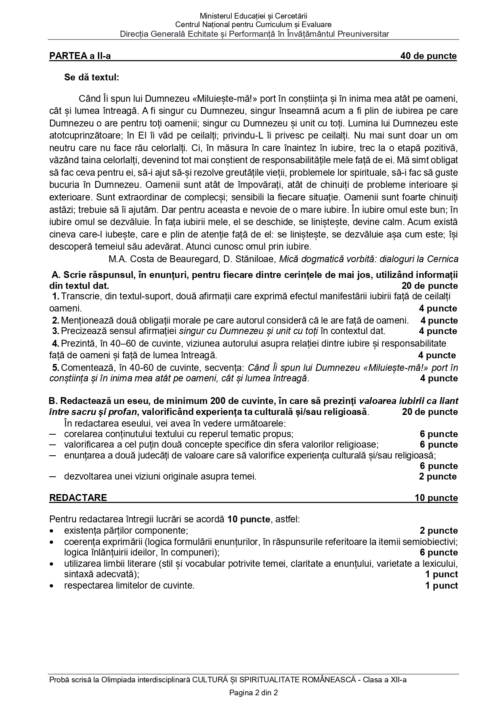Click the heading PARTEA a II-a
pos(80,56)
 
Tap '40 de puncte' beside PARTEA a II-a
pos(428,56)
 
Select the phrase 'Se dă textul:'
pos(92,77)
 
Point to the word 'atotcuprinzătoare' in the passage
pos(84,135)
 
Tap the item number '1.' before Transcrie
pos(56,297)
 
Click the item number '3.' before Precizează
pos(56,331)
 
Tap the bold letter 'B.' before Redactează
pos(53,401)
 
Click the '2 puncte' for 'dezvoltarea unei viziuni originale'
pos(438,477)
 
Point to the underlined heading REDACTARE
pos(78,498)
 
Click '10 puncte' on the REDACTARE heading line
pos(436,498)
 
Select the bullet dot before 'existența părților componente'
pos(51,531)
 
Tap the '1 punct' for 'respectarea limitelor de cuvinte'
pos(441,585)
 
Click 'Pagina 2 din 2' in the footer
pos(254,693)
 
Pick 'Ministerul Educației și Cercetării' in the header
pos(254,16)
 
